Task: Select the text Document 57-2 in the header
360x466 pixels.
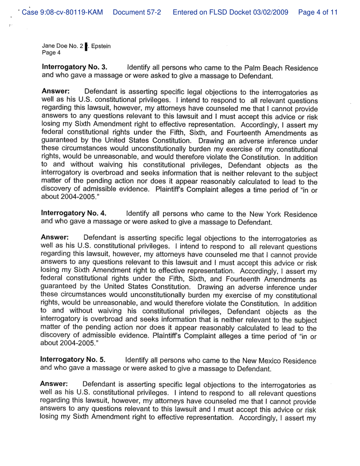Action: coord(137,12)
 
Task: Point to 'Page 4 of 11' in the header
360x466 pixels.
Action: coord(318,12)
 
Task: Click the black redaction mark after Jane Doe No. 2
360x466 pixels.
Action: coord(86,46)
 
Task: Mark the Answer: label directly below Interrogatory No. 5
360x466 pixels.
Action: coord(53,384)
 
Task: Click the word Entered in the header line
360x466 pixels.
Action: coord(187,12)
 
